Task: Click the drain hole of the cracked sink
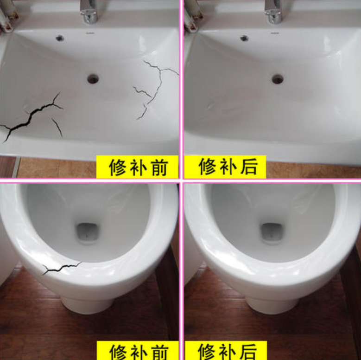click(93, 79)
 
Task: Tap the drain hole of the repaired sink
click(277, 79)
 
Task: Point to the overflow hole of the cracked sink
click(59, 38)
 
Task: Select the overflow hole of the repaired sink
click(244, 38)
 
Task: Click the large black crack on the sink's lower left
click(31, 116)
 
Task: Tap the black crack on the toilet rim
click(61, 268)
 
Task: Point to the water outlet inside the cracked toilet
click(88, 231)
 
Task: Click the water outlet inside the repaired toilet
click(272, 231)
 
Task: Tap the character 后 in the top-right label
click(248, 167)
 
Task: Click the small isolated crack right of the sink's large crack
click(57, 127)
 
